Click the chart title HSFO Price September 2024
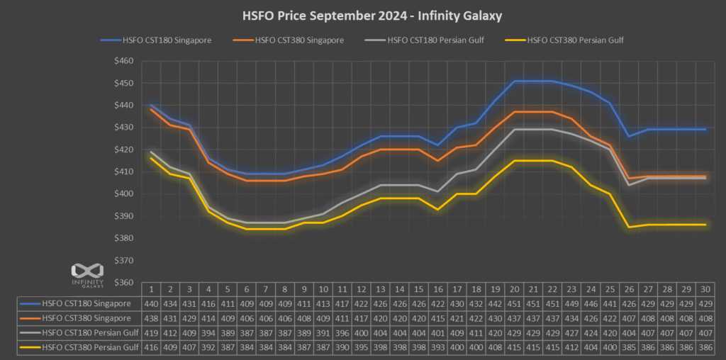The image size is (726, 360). pos(363,14)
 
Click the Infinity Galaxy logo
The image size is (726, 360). pos(89,274)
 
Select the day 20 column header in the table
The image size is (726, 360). pos(514,290)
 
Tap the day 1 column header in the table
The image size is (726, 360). pos(151,290)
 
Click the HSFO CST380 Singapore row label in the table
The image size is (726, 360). pos(86,319)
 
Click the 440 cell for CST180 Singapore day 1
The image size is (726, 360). pos(151,304)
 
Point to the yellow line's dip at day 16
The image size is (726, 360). pos(437,209)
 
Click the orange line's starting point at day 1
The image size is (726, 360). pos(151,109)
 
